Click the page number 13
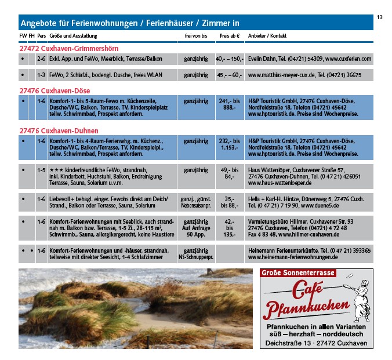click(380, 17)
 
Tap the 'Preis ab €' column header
click(230, 36)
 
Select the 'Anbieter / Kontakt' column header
click(267, 36)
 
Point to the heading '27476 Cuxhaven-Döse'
click(55, 90)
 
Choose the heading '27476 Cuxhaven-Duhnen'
click(59, 130)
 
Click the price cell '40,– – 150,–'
click(230, 59)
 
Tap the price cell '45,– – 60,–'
click(230, 75)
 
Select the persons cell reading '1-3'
click(41, 75)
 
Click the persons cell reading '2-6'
click(41, 59)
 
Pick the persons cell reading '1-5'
click(41, 170)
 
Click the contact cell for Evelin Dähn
click(309, 59)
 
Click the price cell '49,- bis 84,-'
click(230, 173)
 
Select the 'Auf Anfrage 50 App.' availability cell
click(196, 228)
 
